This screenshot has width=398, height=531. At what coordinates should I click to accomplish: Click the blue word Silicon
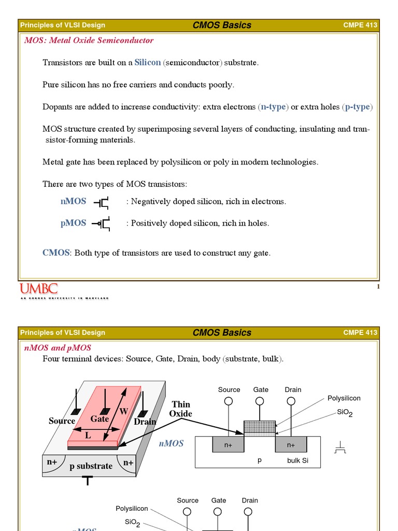tap(148, 62)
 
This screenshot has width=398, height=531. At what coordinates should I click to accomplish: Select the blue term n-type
tap(274, 107)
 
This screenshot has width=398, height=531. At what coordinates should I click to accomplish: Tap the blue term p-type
tap(358, 107)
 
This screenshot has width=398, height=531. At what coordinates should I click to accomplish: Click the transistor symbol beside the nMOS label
tap(102, 202)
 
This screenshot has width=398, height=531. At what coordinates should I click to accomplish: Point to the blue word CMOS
tap(55, 253)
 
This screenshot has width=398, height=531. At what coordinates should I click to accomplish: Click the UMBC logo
tap(39, 289)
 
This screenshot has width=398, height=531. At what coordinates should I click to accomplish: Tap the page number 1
tap(378, 287)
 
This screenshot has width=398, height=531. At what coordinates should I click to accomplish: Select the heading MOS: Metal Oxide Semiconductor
tap(89, 40)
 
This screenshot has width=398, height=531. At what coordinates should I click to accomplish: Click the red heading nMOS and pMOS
tap(58, 348)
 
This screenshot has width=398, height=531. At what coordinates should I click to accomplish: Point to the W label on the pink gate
tap(123, 411)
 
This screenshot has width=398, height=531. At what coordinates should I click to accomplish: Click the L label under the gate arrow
tap(88, 436)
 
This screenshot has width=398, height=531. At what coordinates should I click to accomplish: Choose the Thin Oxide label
tap(181, 409)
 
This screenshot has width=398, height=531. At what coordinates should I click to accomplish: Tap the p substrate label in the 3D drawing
tap(91, 466)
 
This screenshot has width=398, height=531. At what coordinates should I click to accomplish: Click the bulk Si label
tap(297, 460)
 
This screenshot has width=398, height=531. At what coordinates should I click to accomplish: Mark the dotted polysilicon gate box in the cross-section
tap(260, 427)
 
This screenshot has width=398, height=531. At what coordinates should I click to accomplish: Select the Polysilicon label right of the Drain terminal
tap(344, 398)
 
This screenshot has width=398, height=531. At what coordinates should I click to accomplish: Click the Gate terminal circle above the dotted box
tap(260, 401)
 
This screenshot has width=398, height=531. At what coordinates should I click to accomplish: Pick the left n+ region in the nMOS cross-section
tap(228, 445)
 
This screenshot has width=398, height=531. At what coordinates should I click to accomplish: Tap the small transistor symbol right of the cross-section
tap(340, 448)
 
